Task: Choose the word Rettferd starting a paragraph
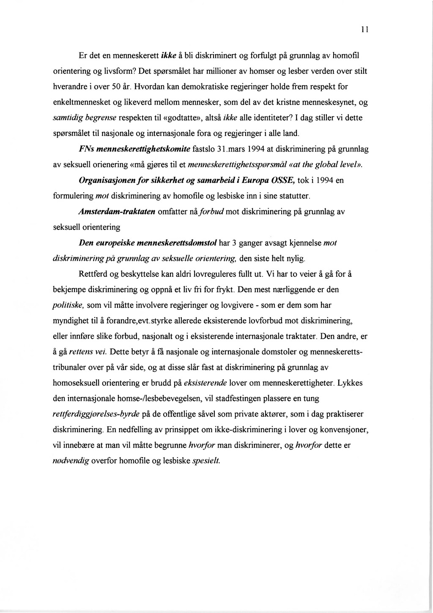[x=93, y=274]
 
